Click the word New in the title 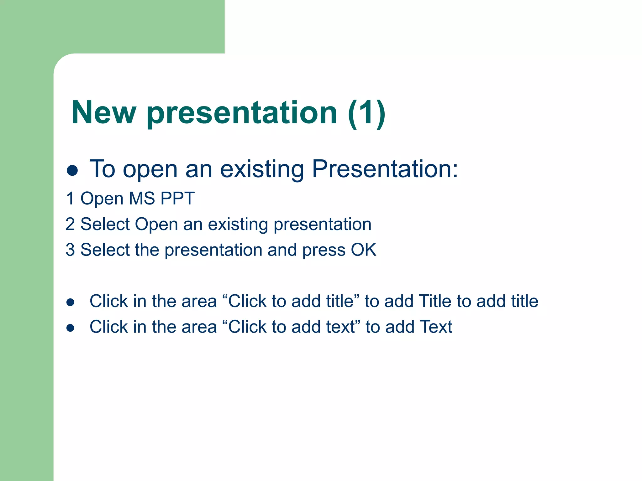[104, 112]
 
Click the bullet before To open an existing [72, 171]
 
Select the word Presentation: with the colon [385, 169]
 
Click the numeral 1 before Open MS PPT [70, 199]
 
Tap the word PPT [177, 199]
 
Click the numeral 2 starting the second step [70, 224]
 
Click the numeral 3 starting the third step [70, 250]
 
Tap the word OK [363, 250]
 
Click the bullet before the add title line [70, 302]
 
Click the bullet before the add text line [70, 328]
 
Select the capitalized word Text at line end [436, 327]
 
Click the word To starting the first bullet [103, 169]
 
